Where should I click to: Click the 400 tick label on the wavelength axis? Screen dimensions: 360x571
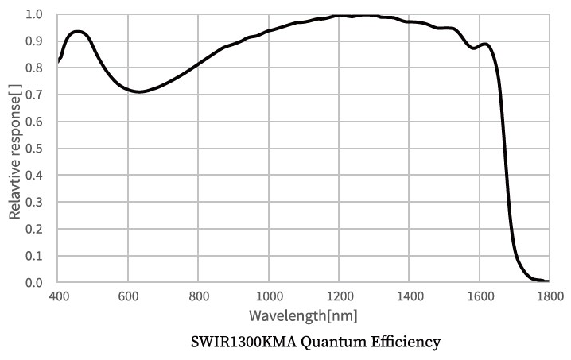tap(58, 296)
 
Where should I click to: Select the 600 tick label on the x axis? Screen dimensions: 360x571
tap(128, 296)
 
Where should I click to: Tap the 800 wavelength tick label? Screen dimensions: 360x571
tap(198, 296)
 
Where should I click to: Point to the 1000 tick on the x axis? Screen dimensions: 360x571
tap(269, 296)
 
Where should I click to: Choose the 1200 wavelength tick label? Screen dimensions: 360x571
tap(339, 296)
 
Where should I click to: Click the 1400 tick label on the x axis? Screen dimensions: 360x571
tap(409, 296)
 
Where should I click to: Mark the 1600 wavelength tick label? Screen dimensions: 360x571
tap(479, 296)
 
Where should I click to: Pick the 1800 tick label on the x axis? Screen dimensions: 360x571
tap(549, 296)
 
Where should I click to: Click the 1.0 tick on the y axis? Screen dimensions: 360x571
tap(35, 14)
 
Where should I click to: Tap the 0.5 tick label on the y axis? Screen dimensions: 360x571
tap(35, 149)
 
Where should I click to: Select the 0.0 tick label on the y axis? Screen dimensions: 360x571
tap(35, 283)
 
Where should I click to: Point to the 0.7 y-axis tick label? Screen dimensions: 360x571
tap(35, 95)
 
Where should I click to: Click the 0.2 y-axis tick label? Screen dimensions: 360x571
tap(35, 229)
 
